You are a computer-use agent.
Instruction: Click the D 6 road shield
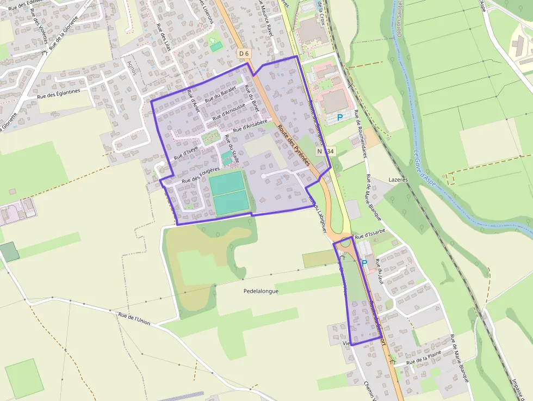pos(244,53)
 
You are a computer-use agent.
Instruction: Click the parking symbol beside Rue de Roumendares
pos(340,117)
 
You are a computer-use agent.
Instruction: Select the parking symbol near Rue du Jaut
pos(364,263)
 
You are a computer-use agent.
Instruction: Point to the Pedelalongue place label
pos(261,291)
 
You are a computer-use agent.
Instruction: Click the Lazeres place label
pos(398,179)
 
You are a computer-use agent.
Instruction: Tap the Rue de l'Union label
pos(134,318)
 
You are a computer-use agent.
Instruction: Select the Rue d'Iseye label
pos(185,154)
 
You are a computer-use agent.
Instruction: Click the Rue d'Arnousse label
pos(233,111)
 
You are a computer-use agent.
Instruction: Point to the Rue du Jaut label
pos(381,273)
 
